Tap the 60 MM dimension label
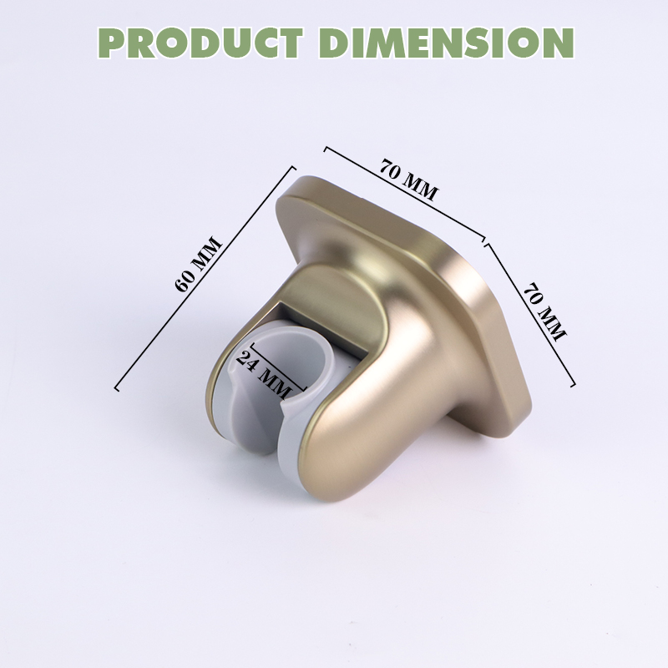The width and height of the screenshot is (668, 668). point(199,264)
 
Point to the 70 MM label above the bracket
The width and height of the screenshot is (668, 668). point(408,180)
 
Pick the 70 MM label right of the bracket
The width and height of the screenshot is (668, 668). point(545,311)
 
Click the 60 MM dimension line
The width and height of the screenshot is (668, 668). point(205,278)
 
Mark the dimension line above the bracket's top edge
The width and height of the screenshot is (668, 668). point(405,194)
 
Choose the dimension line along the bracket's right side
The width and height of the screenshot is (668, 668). point(529,315)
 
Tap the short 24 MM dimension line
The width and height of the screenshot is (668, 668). point(278,367)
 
